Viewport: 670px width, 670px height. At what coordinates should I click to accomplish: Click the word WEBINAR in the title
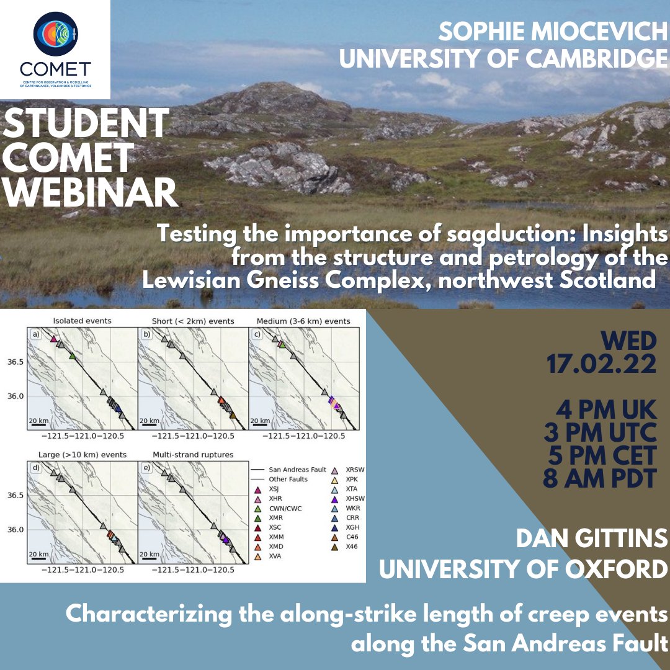(x=91, y=194)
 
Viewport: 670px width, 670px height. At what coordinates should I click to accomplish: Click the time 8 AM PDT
(x=599, y=478)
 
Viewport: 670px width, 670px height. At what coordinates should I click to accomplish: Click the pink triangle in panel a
(x=53, y=339)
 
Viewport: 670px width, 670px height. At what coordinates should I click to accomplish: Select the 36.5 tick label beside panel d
(x=14, y=496)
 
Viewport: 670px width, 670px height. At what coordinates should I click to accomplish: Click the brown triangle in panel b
(x=233, y=415)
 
